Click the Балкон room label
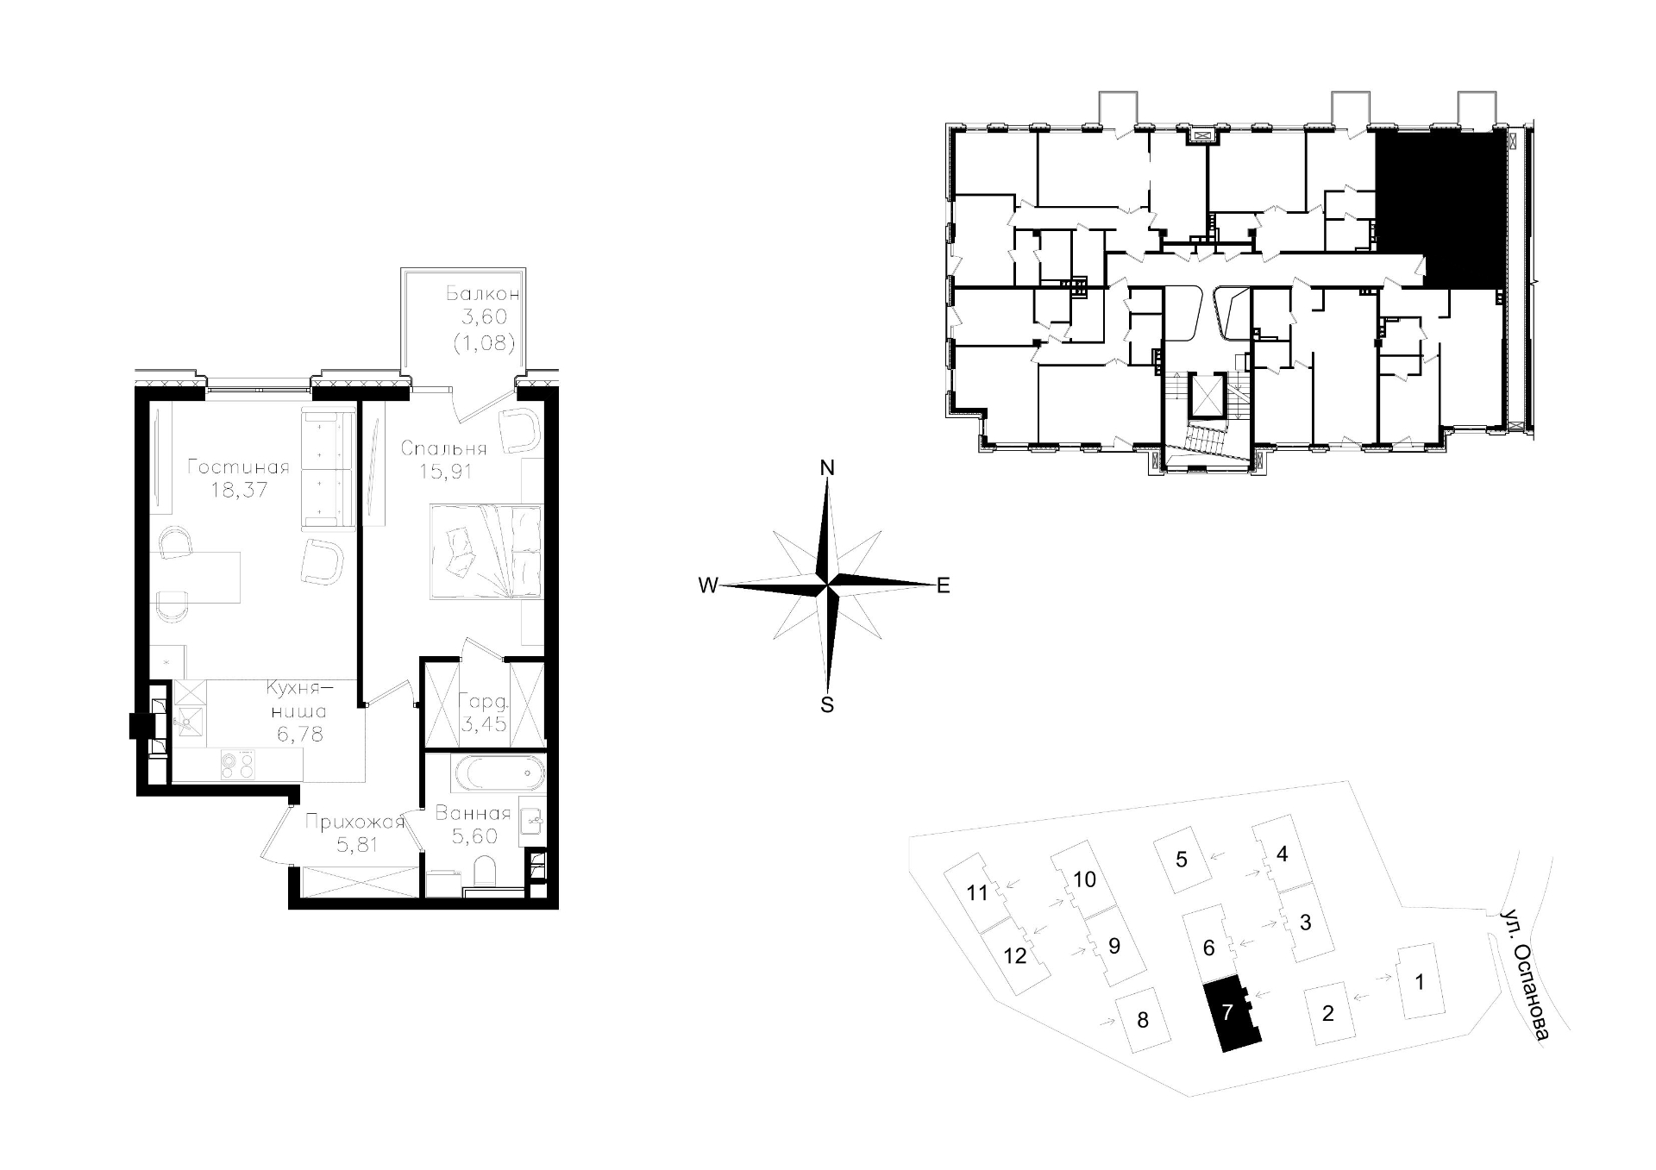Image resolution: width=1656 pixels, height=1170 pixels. click(x=482, y=293)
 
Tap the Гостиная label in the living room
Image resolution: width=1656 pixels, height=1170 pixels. click(x=238, y=467)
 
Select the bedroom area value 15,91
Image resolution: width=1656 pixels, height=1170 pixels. click(x=445, y=472)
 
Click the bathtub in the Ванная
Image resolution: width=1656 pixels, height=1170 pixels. click(x=500, y=773)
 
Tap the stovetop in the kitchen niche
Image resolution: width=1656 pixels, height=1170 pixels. click(x=237, y=763)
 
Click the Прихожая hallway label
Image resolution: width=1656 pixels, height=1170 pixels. click(x=355, y=822)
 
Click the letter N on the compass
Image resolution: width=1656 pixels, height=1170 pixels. click(x=827, y=468)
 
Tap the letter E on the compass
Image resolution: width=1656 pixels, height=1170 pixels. click(x=943, y=586)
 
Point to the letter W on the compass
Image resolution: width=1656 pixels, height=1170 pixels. click(x=707, y=586)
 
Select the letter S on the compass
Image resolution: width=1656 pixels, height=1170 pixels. click(x=827, y=704)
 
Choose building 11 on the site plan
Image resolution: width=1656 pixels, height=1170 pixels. click(x=976, y=892)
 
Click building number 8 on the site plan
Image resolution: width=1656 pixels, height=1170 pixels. click(x=1143, y=1021)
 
